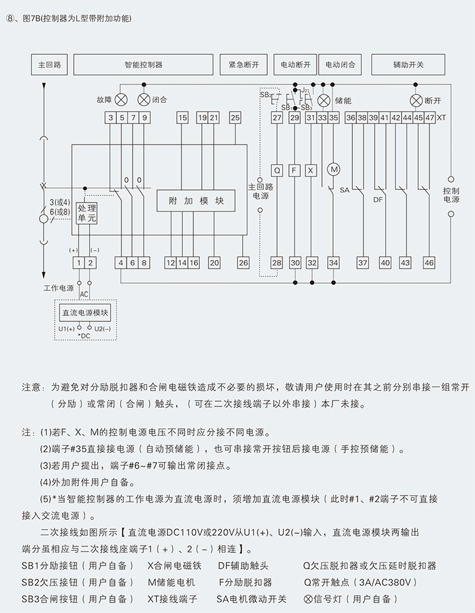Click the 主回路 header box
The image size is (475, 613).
tap(49, 65)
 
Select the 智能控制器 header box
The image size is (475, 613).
tap(143, 65)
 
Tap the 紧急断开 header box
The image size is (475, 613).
tap(243, 65)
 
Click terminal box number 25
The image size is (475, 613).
tap(235, 117)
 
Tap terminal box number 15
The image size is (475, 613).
tap(182, 117)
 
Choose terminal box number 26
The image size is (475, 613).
tap(243, 263)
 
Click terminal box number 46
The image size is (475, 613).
tap(429, 263)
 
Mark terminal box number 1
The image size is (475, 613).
tap(79, 263)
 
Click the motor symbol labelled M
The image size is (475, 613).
tap(334, 170)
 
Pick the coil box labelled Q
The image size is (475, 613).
tap(277, 170)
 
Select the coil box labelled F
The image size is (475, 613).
tap(295, 170)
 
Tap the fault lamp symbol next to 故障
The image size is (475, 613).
tap(121, 100)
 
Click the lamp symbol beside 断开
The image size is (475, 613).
tap(416, 100)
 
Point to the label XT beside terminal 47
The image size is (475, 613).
tap(441, 117)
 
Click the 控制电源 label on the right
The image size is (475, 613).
tap(451, 195)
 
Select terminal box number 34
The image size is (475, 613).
tap(334, 263)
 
